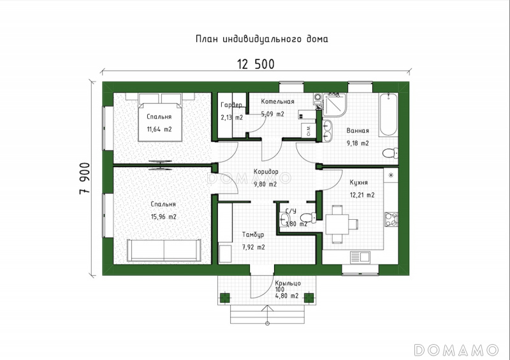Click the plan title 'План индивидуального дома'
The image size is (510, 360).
[x=262, y=39]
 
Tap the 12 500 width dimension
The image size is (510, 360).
[x=256, y=64]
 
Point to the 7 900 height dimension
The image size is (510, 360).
[x=85, y=178]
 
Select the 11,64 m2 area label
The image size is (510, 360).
[x=159, y=129]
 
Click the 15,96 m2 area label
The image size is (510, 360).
[x=164, y=217]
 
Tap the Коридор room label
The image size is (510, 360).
[x=266, y=171]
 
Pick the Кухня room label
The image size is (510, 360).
[x=359, y=182]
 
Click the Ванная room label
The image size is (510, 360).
[x=358, y=131]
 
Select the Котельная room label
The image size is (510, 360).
[x=277, y=101]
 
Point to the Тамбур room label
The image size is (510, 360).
[x=253, y=234]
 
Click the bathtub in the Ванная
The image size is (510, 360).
[x=388, y=115]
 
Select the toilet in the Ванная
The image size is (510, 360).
[x=390, y=153]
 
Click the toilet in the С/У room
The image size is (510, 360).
[x=308, y=217]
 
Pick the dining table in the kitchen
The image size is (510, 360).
[x=337, y=224]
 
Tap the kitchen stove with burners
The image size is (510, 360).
[x=391, y=219]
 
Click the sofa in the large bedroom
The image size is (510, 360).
[x=164, y=250]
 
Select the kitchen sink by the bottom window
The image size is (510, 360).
[x=360, y=257]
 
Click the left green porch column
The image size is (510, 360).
[x=225, y=298]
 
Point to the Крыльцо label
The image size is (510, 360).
[x=288, y=284]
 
